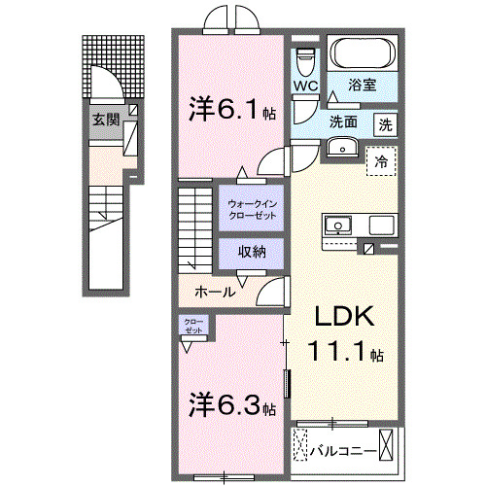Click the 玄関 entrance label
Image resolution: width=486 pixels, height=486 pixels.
[x=105, y=121]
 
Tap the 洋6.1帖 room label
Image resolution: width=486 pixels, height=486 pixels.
[x=229, y=110]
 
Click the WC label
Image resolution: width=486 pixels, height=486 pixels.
[x=307, y=85]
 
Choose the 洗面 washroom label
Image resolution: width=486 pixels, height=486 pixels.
[x=343, y=123]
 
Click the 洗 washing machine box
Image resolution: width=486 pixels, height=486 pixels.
[x=386, y=124]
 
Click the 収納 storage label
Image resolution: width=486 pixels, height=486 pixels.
[x=252, y=252]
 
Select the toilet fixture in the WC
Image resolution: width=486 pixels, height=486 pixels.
[x=307, y=60]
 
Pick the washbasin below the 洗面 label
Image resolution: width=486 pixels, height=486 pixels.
[x=341, y=147]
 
